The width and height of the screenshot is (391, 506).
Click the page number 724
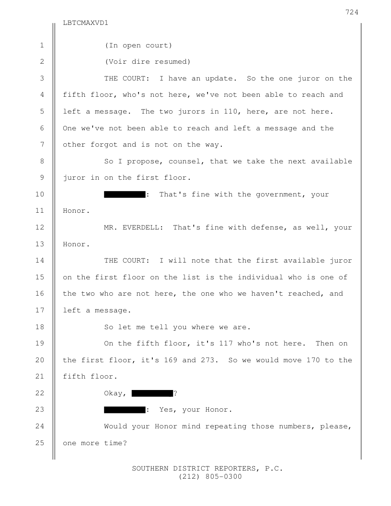point(352,12)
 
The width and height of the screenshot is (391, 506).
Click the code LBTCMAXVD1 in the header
point(85,23)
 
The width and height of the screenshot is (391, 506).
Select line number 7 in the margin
point(42,144)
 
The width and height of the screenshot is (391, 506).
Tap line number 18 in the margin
point(40,327)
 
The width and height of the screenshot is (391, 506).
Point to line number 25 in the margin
point(40,443)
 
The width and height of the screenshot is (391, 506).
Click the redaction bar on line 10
point(125,194)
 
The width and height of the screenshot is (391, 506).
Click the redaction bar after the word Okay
point(152,393)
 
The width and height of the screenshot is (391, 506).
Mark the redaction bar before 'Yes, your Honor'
point(125,410)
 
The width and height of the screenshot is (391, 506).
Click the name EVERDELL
point(141,228)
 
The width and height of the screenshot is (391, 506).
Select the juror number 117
point(226,344)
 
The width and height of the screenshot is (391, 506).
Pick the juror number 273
point(207,360)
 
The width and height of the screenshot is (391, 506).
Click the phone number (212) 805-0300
point(210,477)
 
